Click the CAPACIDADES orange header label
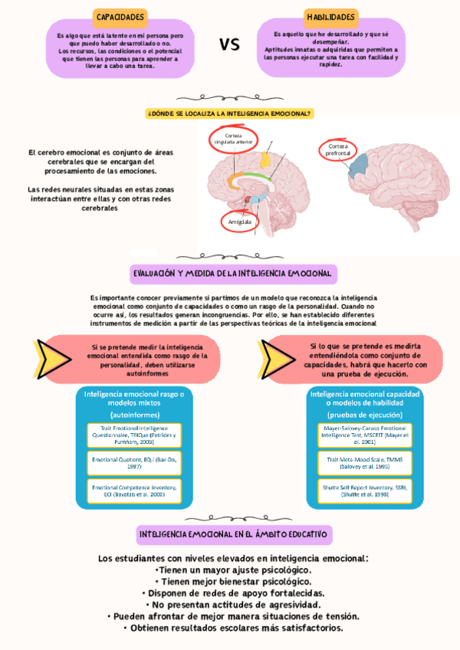[x=120, y=16]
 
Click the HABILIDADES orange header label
[x=330, y=16]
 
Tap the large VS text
[x=229, y=44]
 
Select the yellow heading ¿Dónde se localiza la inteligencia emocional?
[x=229, y=113]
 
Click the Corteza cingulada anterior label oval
[x=234, y=139]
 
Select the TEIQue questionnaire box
[x=133, y=435]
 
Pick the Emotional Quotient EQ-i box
[x=133, y=462]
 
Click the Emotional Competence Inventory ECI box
[x=133, y=491]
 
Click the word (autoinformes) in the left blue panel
[x=133, y=415]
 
